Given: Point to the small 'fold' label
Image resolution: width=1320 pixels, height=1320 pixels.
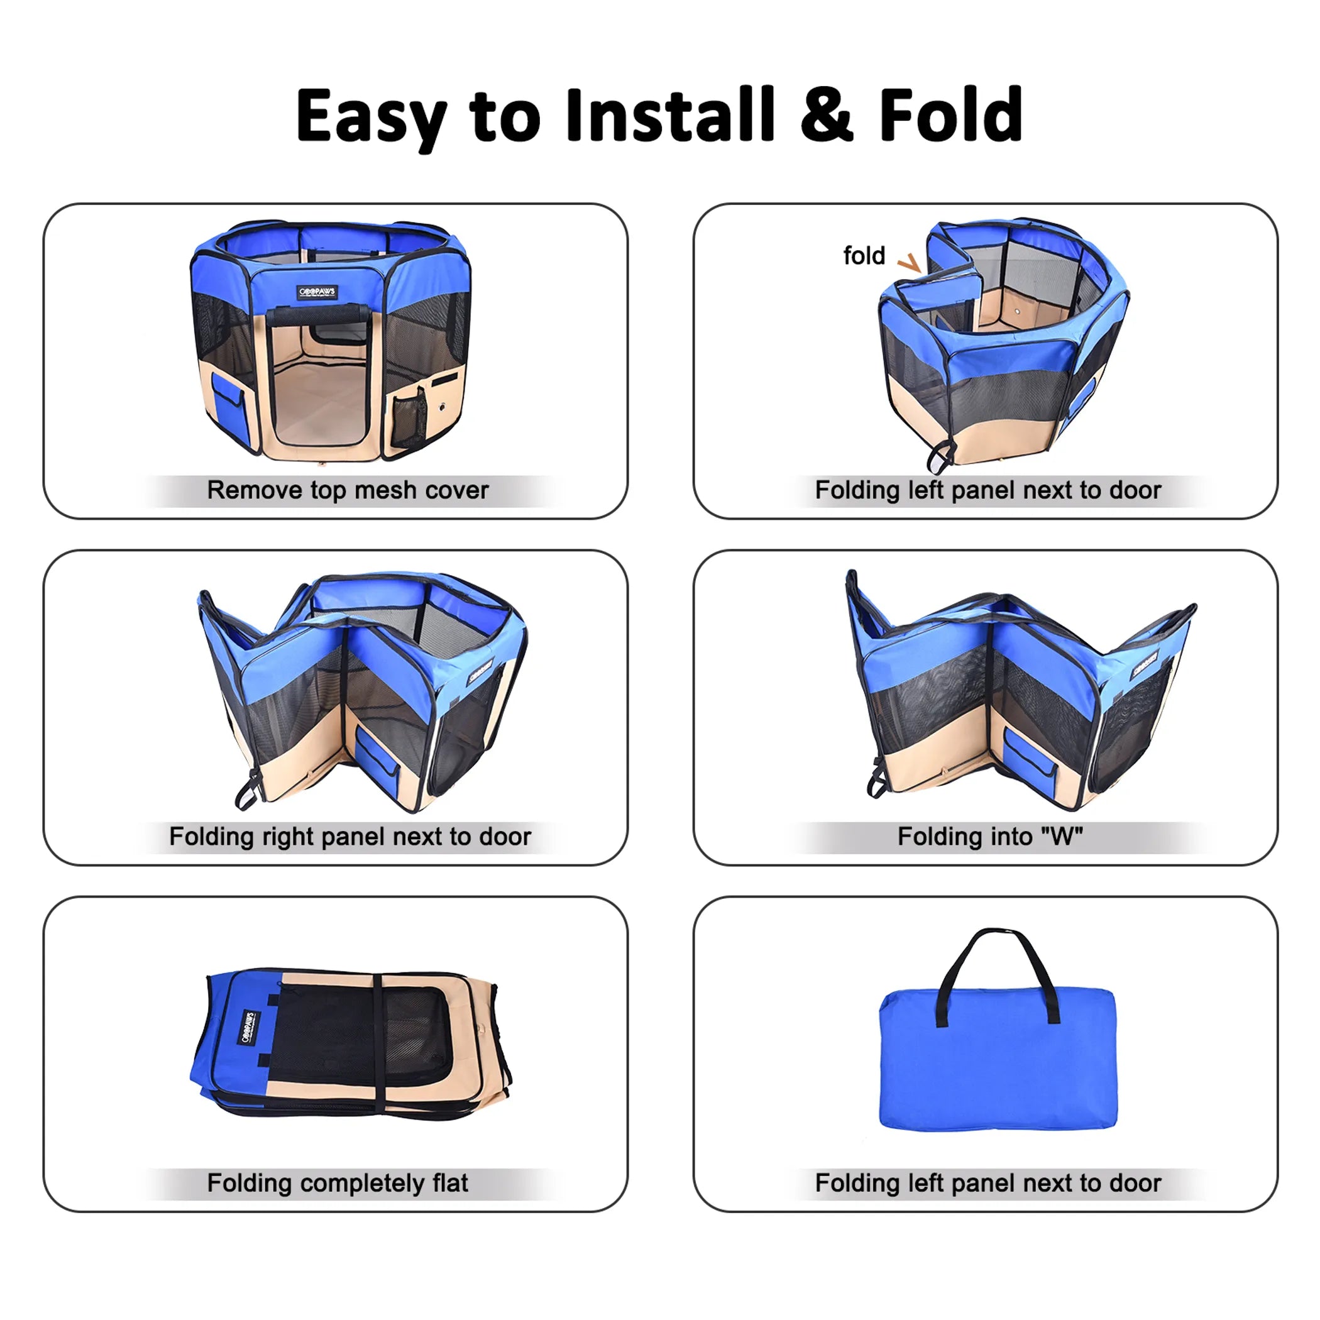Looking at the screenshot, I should [864, 256].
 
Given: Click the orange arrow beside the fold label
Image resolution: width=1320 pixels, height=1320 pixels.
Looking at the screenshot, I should [910, 263].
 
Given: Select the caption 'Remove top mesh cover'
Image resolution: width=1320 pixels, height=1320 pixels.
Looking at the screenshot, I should [348, 490].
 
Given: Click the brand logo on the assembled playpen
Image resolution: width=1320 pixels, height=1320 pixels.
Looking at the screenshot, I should [317, 292].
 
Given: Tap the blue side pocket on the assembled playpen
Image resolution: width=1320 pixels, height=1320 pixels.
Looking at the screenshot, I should [228, 400].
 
